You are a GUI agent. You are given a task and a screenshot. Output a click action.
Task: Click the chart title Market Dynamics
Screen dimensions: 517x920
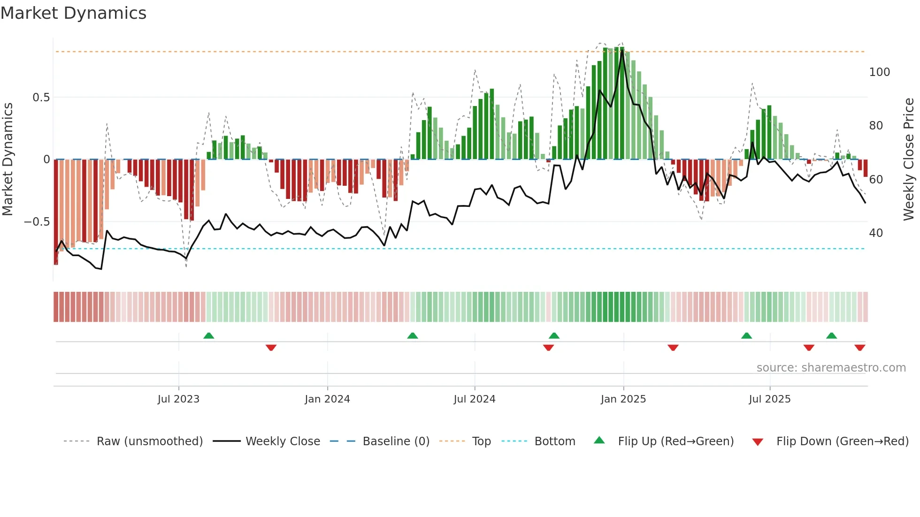click(x=73, y=13)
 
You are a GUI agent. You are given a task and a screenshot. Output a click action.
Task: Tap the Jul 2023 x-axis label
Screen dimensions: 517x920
click(x=178, y=399)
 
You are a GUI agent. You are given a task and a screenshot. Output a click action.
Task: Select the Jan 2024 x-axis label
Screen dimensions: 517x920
click(x=327, y=399)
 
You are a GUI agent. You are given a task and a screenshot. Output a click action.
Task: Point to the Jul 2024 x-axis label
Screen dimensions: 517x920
click(x=475, y=399)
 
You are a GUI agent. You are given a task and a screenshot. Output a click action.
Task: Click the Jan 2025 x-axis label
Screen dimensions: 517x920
click(x=623, y=399)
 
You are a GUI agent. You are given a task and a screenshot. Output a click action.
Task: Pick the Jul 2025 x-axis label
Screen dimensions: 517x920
click(x=770, y=399)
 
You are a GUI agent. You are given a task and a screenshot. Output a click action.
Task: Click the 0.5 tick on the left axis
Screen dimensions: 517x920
click(x=41, y=98)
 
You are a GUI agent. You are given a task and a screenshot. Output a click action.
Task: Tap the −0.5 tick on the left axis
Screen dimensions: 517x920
click(x=37, y=222)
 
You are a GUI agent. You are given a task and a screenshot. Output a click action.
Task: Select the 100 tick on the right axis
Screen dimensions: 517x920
click(x=879, y=72)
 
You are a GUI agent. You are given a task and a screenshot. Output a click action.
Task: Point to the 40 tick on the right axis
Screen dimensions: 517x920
click(x=876, y=233)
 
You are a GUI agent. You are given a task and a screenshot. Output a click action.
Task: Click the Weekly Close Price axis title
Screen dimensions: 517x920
click(x=909, y=160)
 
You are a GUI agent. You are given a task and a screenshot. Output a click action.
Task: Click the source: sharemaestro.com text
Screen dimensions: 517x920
click(x=831, y=368)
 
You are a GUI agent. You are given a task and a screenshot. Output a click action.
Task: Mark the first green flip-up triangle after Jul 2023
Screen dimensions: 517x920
click(x=209, y=335)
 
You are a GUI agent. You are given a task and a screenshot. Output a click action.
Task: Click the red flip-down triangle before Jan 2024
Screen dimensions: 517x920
click(x=271, y=348)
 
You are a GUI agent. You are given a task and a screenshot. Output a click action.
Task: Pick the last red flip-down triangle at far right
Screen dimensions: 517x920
click(x=860, y=348)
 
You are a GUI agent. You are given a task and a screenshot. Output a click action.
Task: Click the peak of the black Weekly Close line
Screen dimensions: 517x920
click(x=622, y=51)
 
